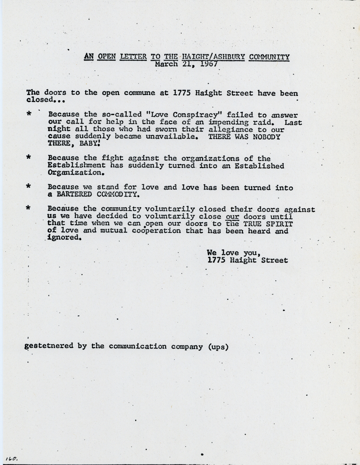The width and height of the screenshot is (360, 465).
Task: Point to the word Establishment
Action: [x=77, y=166]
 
